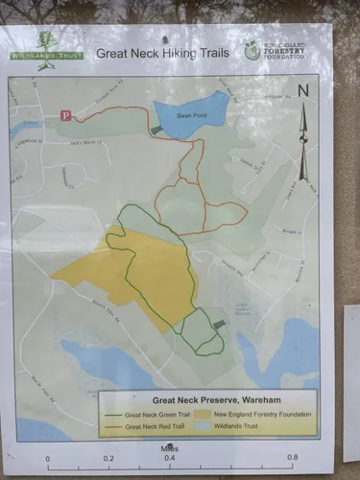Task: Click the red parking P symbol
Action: pyautogui.click(x=66, y=115)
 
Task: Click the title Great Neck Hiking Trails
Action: pyautogui.click(x=162, y=53)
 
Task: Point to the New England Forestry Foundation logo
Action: pyautogui.click(x=253, y=51)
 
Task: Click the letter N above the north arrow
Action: pyautogui.click(x=303, y=92)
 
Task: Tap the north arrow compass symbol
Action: pyautogui.click(x=303, y=139)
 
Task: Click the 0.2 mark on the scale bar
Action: pyautogui.click(x=108, y=458)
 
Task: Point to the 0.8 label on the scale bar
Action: pyautogui.click(x=291, y=458)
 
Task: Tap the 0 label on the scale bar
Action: pyautogui.click(x=47, y=458)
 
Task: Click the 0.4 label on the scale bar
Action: pyautogui.click(x=170, y=458)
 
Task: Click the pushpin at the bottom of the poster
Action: pyautogui.click(x=170, y=444)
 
